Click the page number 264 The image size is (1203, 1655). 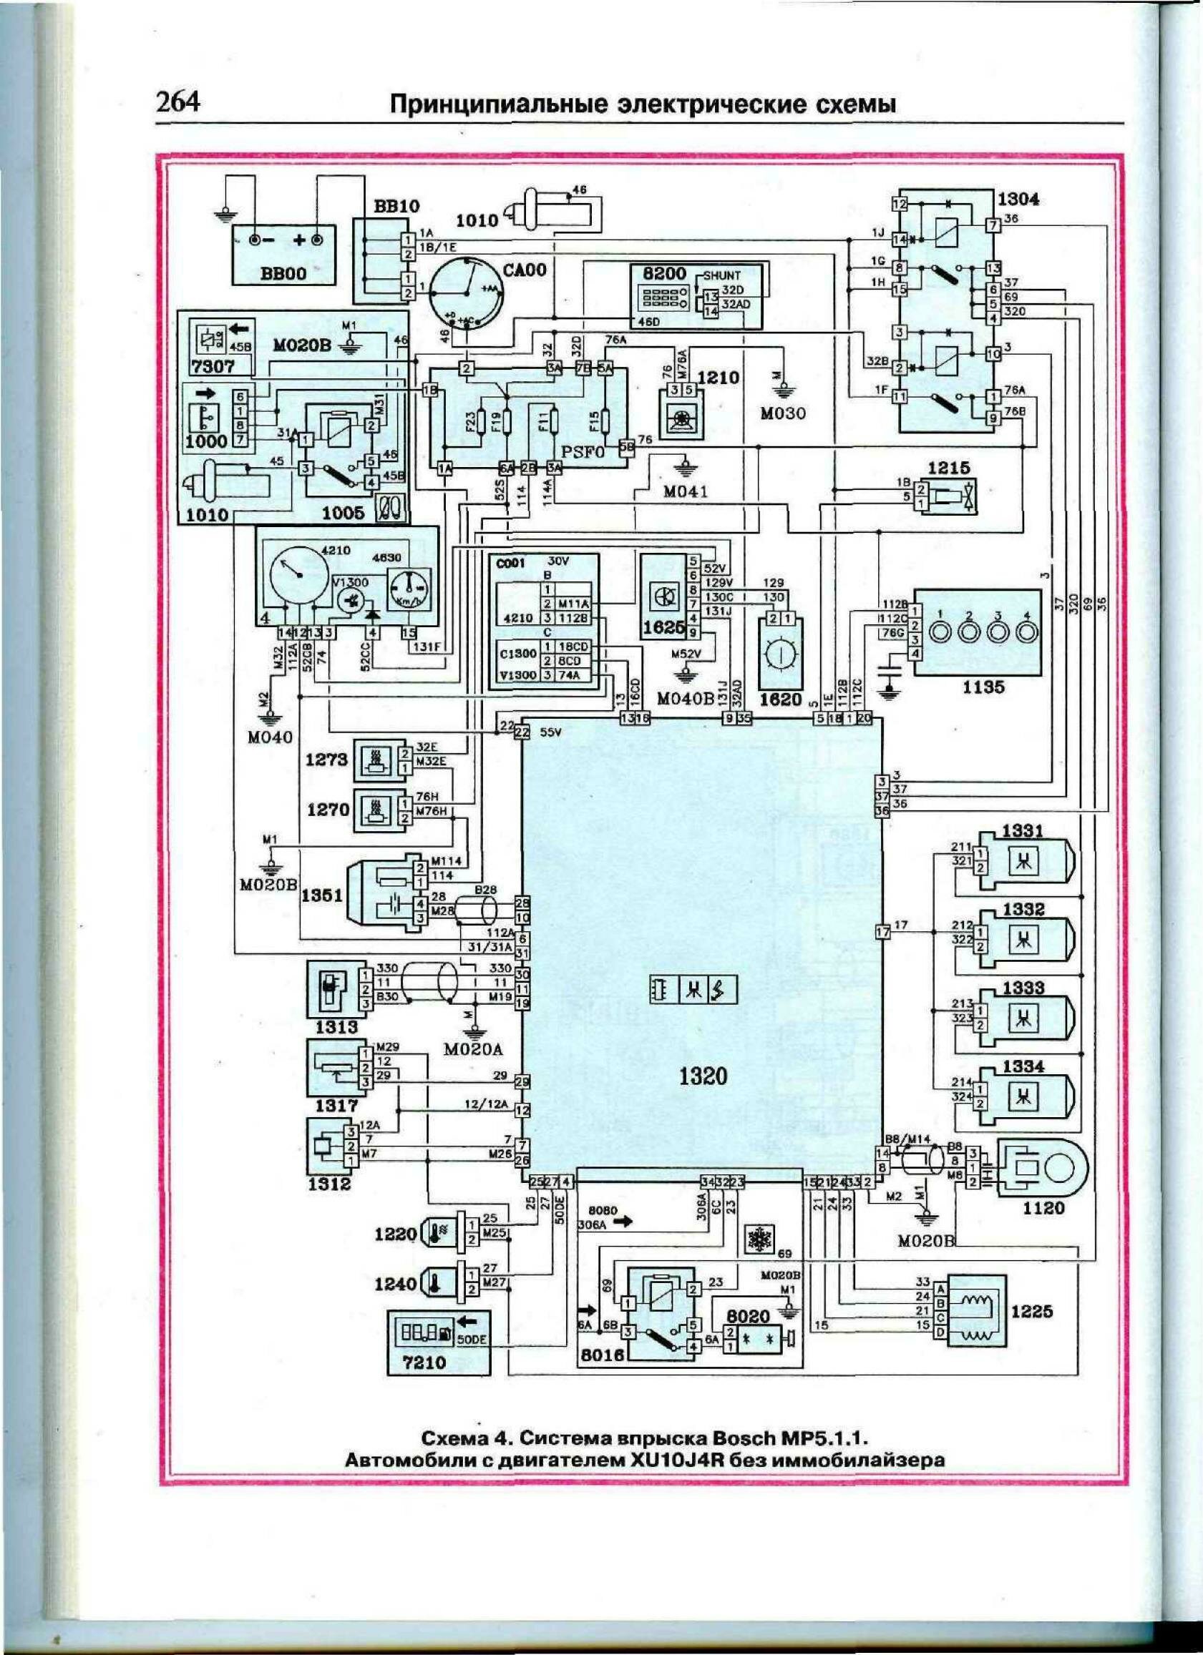[178, 102]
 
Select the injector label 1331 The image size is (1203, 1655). [1023, 830]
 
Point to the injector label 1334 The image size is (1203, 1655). [1023, 1067]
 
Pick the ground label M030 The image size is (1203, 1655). [782, 413]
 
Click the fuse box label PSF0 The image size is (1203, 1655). [584, 452]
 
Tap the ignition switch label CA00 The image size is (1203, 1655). [524, 271]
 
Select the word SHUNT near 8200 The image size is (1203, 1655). [721, 276]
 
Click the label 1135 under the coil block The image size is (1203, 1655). [983, 687]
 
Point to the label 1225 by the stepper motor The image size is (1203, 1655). [1032, 1310]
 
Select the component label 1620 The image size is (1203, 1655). [780, 698]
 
